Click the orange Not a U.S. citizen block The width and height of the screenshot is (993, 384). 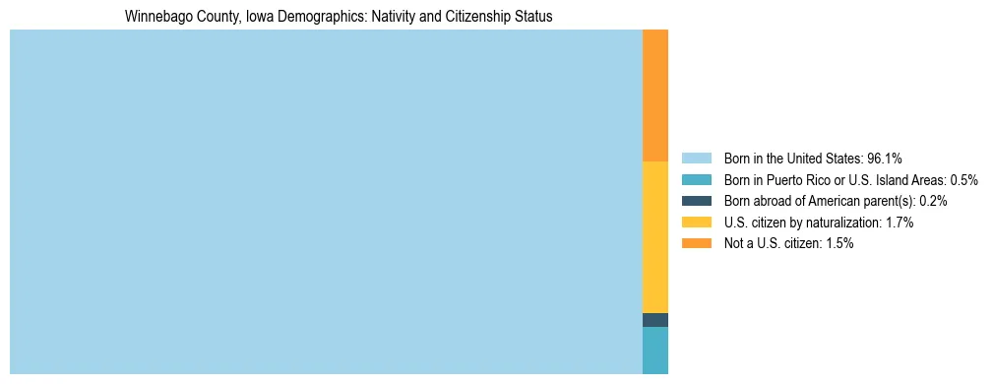coord(654,96)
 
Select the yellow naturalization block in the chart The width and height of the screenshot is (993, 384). coord(654,237)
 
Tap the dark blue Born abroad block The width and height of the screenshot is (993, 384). coord(654,320)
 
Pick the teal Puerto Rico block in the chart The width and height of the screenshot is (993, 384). coord(654,351)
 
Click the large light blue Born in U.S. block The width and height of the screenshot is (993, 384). coord(325,202)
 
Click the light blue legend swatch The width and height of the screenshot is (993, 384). coord(696,159)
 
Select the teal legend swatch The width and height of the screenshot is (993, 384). coord(696,180)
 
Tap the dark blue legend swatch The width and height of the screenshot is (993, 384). coord(696,201)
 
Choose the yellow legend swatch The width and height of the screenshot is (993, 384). coord(696,223)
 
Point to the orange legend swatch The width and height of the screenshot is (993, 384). coord(696,243)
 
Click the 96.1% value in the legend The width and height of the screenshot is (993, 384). coord(884,159)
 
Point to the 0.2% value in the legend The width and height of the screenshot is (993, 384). coord(934,201)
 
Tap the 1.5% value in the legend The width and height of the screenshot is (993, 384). coord(839,243)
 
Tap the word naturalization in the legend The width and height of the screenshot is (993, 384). coord(843,223)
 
